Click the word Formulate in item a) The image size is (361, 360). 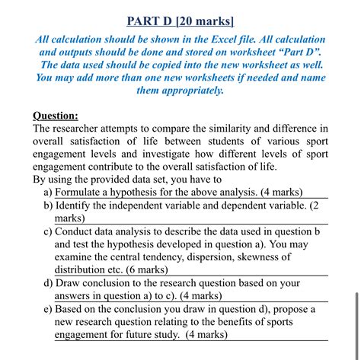click(82, 193)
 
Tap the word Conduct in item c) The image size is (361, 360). click(78, 231)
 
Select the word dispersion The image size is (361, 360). click(209, 257)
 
